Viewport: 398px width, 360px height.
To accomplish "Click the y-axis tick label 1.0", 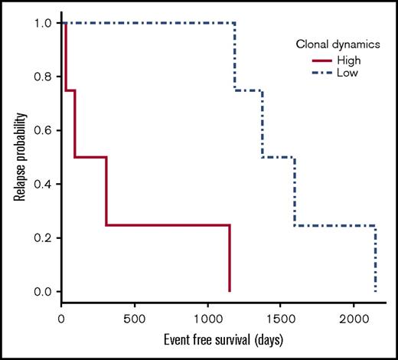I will pos(44,23).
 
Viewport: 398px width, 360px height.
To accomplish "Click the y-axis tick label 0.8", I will pos(44,77).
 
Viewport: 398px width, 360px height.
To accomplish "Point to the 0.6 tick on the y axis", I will pos(44,130).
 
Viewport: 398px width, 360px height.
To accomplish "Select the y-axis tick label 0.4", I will pos(44,185).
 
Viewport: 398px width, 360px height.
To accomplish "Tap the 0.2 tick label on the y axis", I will pos(44,238).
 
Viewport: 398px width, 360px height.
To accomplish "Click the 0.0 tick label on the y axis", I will pos(44,292).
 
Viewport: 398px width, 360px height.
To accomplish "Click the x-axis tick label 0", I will pos(62,317).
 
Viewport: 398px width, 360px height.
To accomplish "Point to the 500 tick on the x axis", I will pos(135,317).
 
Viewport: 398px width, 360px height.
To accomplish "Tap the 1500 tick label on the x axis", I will pos(281,317).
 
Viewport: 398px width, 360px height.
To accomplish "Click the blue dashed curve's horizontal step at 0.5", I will pos(278,158).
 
